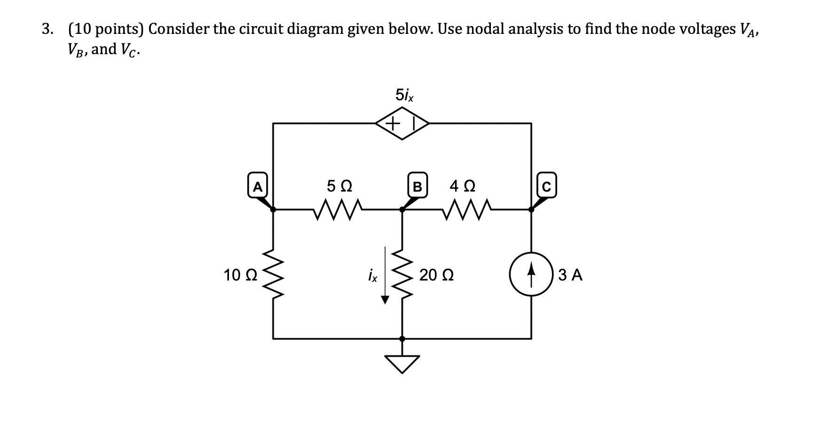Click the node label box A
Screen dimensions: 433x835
257,186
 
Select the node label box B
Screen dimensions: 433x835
417,187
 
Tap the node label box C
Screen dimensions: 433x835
545,187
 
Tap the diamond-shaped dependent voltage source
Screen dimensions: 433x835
402,124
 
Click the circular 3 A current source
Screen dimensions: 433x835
531,274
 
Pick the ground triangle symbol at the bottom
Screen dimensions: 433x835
402,363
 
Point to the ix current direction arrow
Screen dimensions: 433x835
385,275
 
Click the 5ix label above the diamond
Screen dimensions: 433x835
404,95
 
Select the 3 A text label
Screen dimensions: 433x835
571,275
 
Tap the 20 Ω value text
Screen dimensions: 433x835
436,275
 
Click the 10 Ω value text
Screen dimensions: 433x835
240,275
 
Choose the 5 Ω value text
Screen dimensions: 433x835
339,186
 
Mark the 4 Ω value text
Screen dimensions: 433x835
462,186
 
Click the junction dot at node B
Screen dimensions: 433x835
402,209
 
